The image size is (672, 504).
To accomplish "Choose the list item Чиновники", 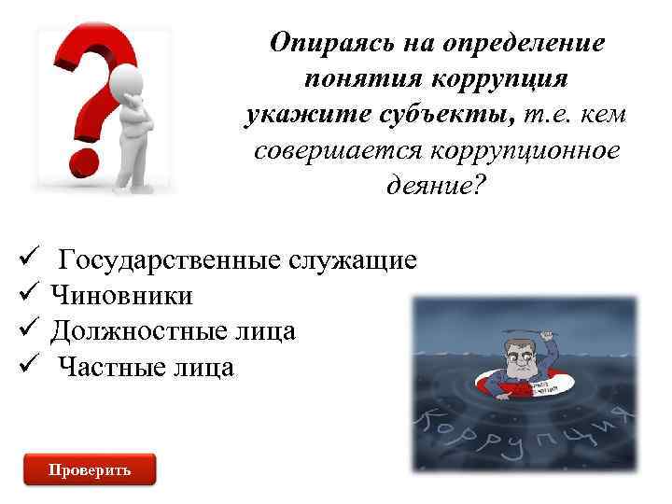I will (x=122, y=296).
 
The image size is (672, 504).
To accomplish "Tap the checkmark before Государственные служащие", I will (x=27, y=259).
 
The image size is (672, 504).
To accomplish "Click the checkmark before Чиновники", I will (x=27, y=294).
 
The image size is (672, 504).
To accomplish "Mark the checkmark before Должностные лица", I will (x=27, y=329).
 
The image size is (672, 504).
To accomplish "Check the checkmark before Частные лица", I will (x=27, y=366).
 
